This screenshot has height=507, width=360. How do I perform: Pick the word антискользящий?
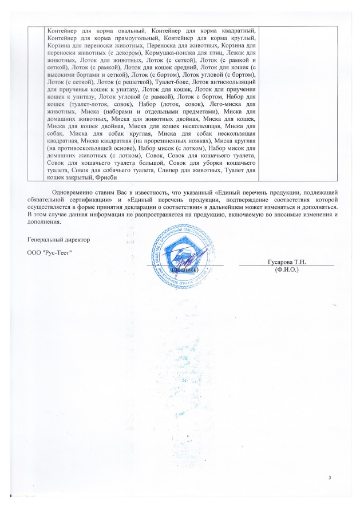point(236,82)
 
